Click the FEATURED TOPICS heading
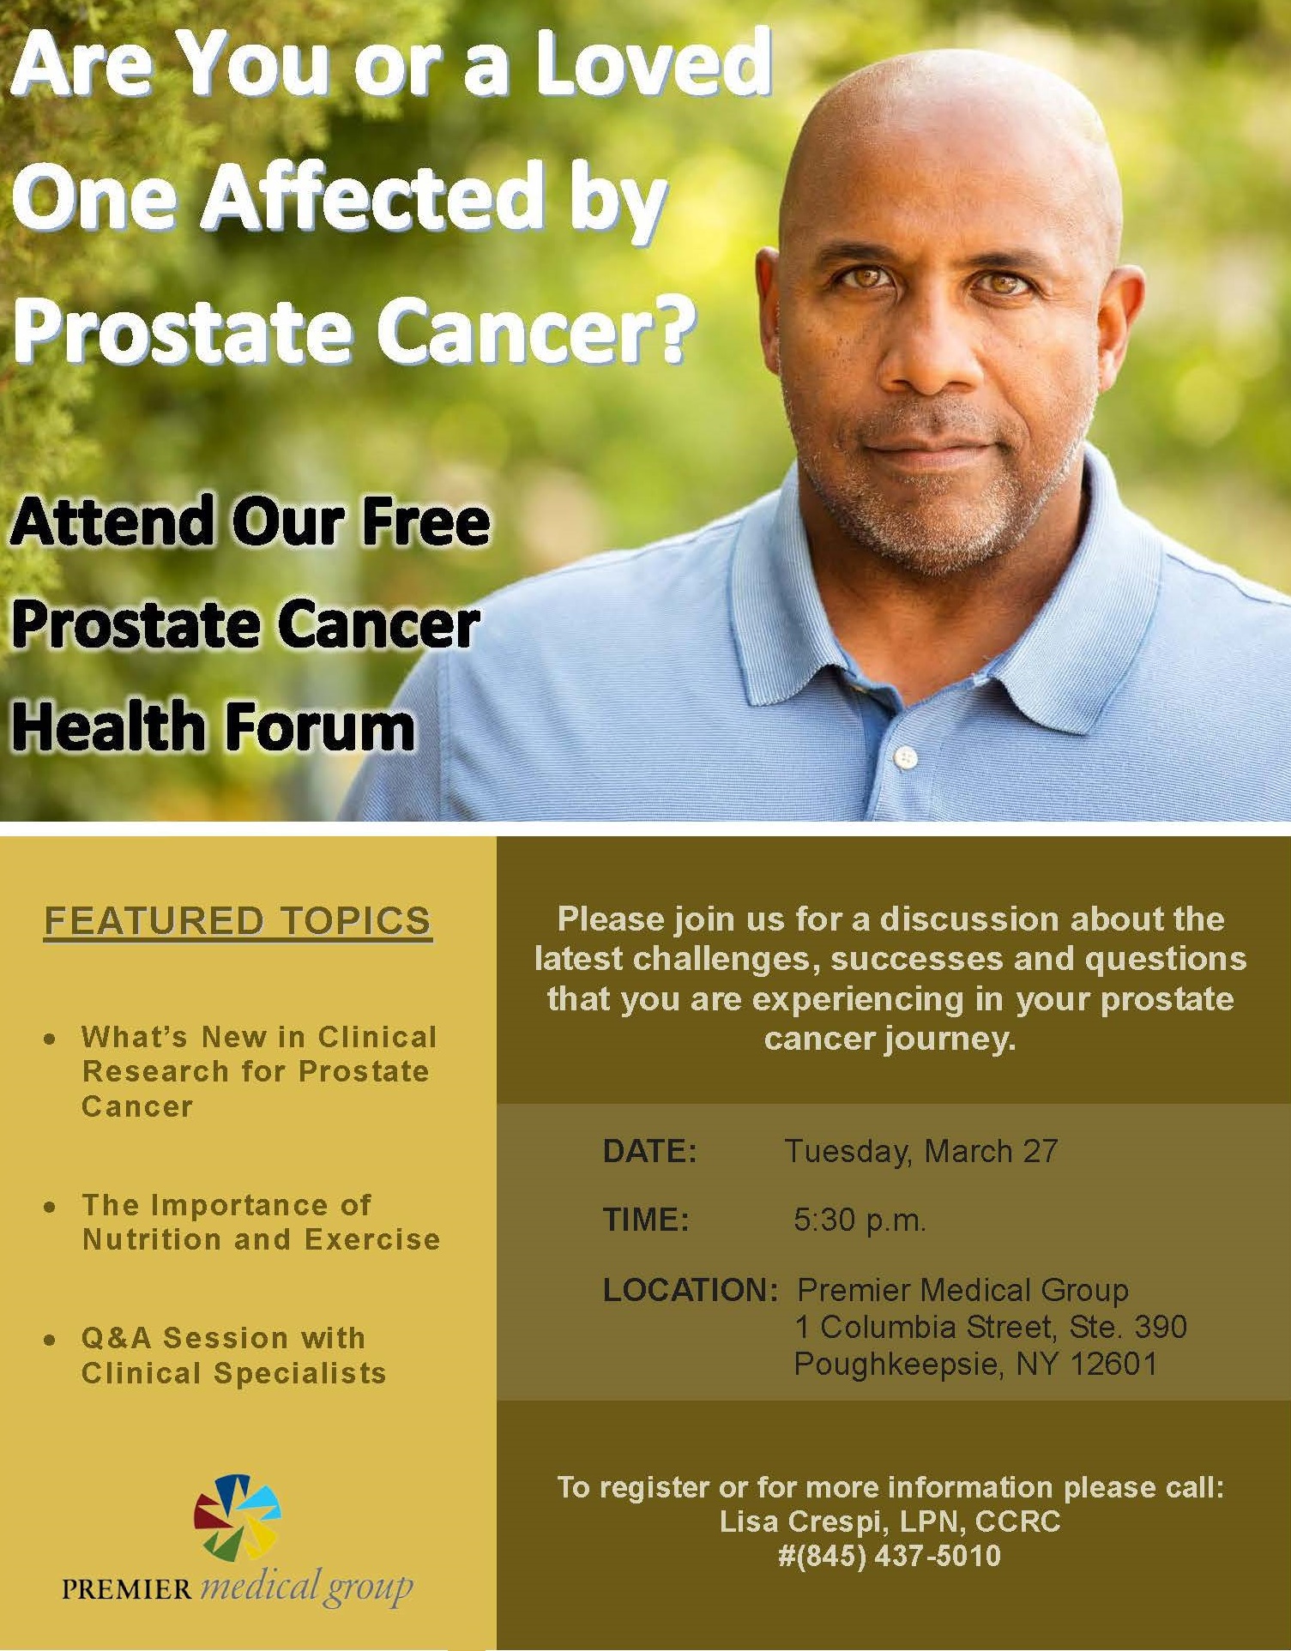238,921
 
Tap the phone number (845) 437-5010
899,1557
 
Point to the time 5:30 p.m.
860,1220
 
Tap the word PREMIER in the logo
127,1589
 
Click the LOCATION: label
690,1290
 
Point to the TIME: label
646,1220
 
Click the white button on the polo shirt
906,757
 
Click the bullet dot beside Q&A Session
51,1340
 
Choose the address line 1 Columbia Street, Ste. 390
991,1327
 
